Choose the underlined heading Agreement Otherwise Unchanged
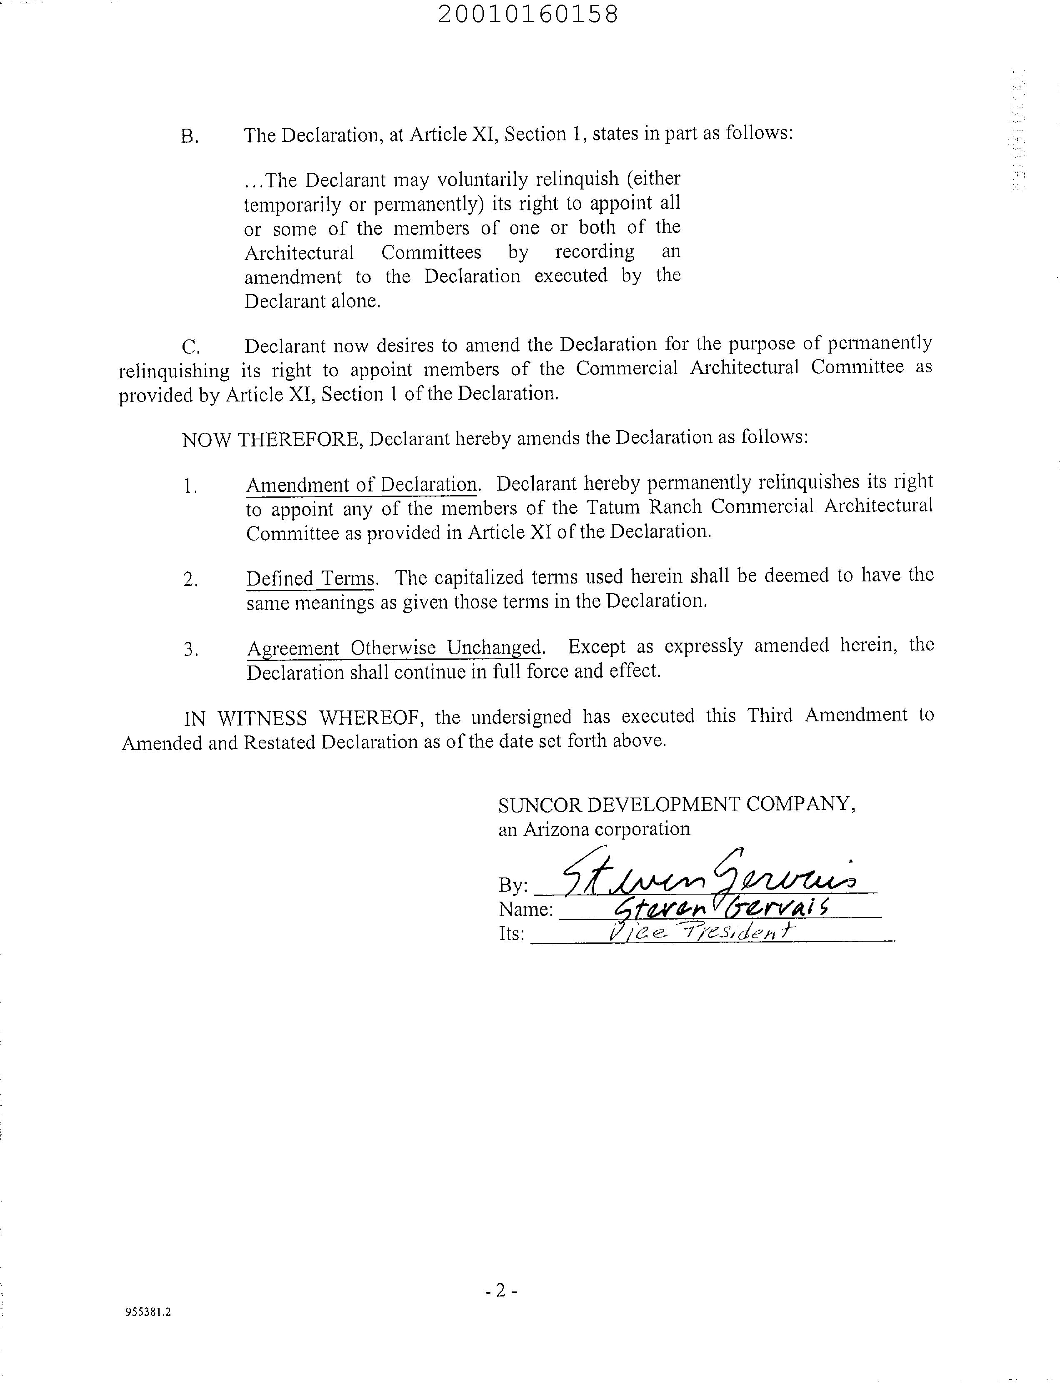[394, 648]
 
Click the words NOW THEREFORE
[271, 439]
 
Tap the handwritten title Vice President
[697, 932]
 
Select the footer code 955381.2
[148, 1312]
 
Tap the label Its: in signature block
[511, 933]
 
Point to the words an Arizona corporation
[594, 829]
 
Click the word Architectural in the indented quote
[299, 253]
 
